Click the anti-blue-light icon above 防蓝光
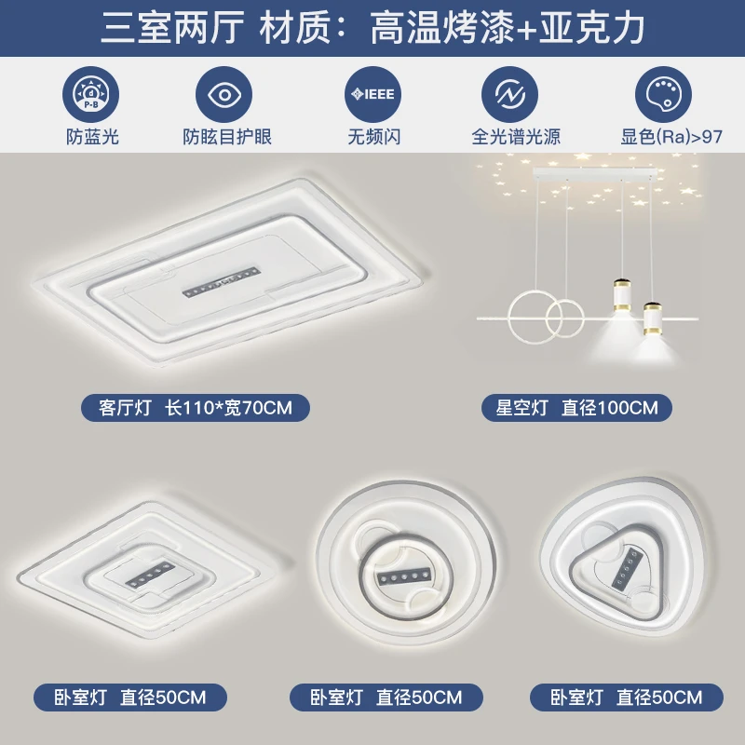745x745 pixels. tap(91, 94)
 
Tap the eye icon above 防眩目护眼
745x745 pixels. tap(224, 94)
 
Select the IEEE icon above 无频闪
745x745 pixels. tap(372, 94)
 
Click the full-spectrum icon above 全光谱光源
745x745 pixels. tap(509, 94)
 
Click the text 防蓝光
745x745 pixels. tap(92, 137)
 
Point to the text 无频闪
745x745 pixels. tap(373, 137)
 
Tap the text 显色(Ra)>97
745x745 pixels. tap(665, 137)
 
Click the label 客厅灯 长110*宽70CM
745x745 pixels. tap(194, 407)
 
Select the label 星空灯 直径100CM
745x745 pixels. tap(576, 407)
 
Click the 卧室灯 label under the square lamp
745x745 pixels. tap(131, 696)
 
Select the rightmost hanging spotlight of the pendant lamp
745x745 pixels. tap(655, 317)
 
